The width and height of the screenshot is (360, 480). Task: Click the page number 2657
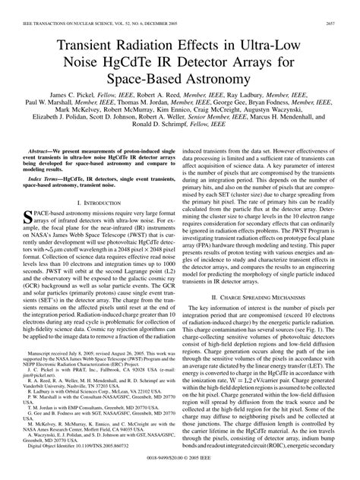pyautogui.click(x=346, y=6)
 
